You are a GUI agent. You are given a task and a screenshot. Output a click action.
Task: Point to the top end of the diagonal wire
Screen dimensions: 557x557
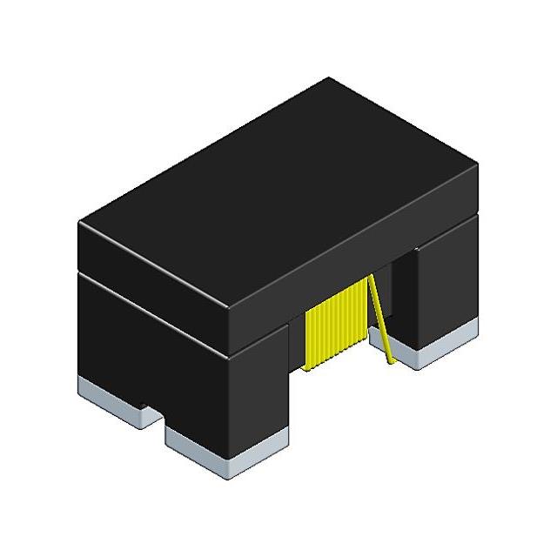(x=372, y=277)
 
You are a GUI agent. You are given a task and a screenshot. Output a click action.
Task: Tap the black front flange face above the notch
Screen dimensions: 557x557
(x=157, y=366)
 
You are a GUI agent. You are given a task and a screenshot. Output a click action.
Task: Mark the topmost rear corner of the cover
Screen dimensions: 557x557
(x=329, y=78)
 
